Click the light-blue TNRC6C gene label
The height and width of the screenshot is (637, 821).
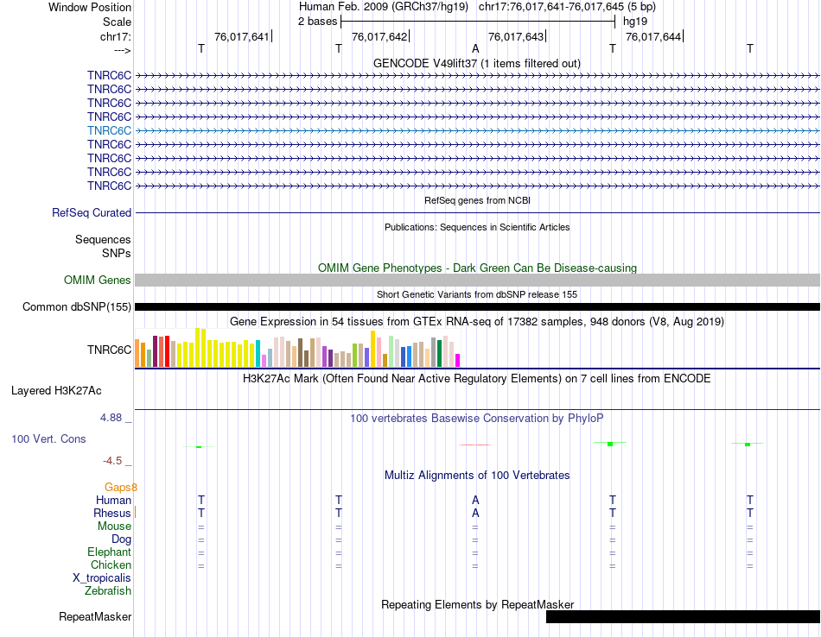pos(109,130)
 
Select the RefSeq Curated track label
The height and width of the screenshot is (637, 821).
pos(92,212)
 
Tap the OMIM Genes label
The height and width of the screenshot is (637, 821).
pos(98,280)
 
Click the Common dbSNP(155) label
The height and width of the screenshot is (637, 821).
pos(77,306)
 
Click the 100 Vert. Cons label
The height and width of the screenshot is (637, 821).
pos(48,438)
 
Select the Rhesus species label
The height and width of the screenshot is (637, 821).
pos(111,513)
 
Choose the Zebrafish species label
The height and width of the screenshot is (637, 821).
pos(108,591)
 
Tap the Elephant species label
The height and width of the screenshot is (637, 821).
pos(109,552)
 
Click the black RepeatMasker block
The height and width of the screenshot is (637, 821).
pos(683,616)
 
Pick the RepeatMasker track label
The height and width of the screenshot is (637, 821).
pos(95,617)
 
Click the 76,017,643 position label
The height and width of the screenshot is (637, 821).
pos(516,36)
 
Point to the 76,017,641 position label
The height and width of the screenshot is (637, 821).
pos(242,36)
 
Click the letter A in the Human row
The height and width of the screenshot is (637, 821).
pos(475,500)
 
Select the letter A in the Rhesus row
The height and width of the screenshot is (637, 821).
pos(475,513)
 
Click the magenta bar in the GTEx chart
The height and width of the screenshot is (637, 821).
pos(458,360)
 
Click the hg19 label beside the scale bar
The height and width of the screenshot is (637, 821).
pos(635,21)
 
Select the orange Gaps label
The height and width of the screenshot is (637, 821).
pos(121,487)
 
